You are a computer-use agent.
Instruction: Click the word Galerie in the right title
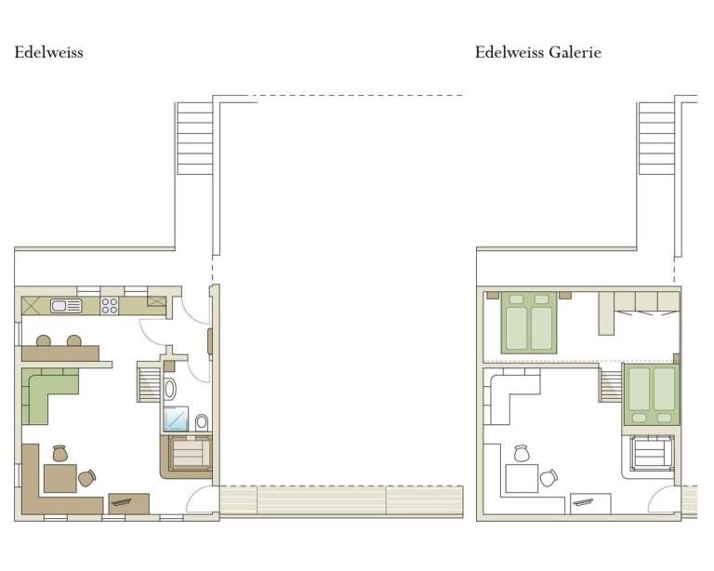pyautogui.click(x=575, y=52)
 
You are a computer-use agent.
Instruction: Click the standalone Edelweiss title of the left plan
pyautogui.click(x=48, y=52)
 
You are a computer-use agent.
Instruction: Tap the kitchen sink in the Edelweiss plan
pyautogui.click(x=67, y=306)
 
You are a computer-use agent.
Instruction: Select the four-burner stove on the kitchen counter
pyautogui.click(x=110, y=306)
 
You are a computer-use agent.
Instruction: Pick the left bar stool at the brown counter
pyautogui.click(x=44, y=340)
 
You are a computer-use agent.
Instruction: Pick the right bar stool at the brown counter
pyautogui.click(x=74, y=340)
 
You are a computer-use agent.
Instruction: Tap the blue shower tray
pyautogui.click(x=177, y=418)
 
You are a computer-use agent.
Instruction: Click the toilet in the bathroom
pyautogui.click(x=202, y=422)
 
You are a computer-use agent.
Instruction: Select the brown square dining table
pyautogui.click(x=60, y=478)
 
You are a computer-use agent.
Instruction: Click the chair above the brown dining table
pyautogui.click(x=60, y=453)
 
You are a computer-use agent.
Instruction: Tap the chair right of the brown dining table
pyautogui.click(x=87, y=478)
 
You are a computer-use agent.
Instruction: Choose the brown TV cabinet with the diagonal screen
pyautogui.click(x=129, y=504)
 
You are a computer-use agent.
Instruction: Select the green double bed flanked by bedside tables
pyautogui.click(x=529, y=323)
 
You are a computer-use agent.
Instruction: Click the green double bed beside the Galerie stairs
pyautogui.click(x=651, y=394)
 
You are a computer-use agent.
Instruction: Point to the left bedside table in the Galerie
pyautogui.click(x=493, y=296)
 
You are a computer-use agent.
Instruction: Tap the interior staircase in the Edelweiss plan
pyautogui.click(x=149, y=381)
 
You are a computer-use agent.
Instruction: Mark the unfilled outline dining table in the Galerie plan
pyautogui.click(x=522, y=479)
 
